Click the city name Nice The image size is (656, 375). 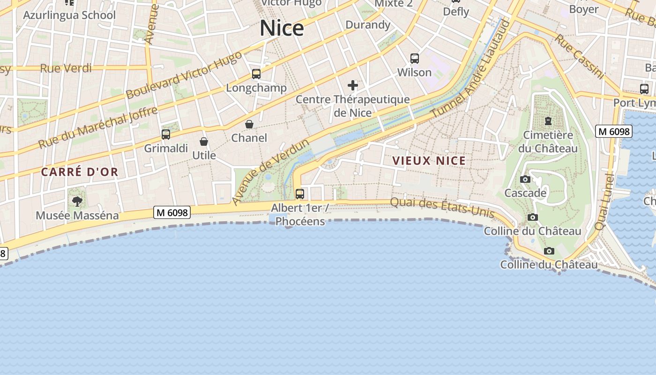[x=282, y=28]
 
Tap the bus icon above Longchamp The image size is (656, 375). [x=256, y=74]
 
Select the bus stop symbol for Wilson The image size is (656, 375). [x=414, y=59]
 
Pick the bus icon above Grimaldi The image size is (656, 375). [x=166, y=135]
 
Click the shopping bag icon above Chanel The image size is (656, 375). [x=249, y=124]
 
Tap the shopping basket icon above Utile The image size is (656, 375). [x=204, y=142]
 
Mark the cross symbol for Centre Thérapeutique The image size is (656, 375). [x=353, y=85]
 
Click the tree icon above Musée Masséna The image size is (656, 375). [x=77, y=202]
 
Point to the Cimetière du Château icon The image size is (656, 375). [x=548, y=121]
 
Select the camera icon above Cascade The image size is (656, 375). [x=525, y=179]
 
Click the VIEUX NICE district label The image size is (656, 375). [x=429, y=161]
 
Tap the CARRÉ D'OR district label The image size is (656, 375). [x=80, y=172]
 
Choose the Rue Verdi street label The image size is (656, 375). [x=66, y=68]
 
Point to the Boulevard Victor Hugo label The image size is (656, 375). [x=184, y=75]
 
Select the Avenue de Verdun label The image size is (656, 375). [x=270, y=172]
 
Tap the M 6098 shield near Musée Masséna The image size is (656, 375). [x=172, y=212]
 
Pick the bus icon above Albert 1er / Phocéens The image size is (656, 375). [x=300, y=194]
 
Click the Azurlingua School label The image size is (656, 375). [x=69, y=15]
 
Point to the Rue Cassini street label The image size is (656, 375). [x=580, y=56]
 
